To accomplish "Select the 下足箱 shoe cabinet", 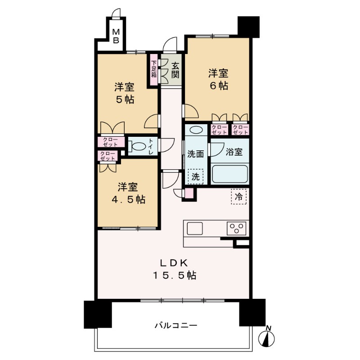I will tap(154, 69).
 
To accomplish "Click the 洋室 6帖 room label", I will tap(218, 79).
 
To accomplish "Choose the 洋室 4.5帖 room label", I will tap(126, 193).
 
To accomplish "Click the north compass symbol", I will tap(269, 337).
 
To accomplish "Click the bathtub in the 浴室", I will tap(229, 174).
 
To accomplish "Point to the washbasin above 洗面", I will tap(196, 130).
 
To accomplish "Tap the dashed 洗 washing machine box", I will tap(196, 176).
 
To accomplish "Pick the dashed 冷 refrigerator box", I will tap(239, 197).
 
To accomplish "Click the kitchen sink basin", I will tap(195, 228).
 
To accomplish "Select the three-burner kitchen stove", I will tap(237, 229).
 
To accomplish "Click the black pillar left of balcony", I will tap(97, 313).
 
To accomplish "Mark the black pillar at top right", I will tap(248, 27).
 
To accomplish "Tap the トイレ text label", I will tap(151, 146).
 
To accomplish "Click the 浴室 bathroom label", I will tap(234, 152).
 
